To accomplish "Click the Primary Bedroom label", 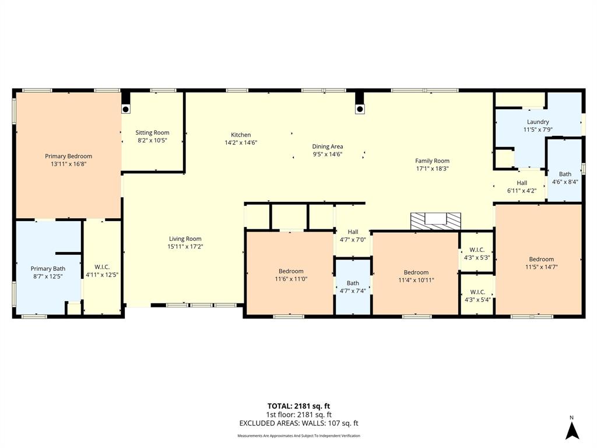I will (68, 156).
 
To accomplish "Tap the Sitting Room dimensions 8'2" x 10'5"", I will (152, 141).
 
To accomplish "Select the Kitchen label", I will (241, 135).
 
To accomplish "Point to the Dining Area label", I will (327, 146).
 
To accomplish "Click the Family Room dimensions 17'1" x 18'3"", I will (432, 169).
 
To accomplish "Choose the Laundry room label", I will (538, 122).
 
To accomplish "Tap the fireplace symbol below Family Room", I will (435, 220).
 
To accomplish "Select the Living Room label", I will (185, 239).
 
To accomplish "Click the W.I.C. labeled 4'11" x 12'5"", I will (102, 271).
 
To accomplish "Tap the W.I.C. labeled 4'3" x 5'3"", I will (477, 253).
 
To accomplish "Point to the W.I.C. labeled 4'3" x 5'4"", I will (477, 296).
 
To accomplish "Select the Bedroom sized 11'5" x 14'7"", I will (541, 263).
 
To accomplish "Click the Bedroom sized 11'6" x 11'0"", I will (290, 275).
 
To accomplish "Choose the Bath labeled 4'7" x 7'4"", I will (353, 287).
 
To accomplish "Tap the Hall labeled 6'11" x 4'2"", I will (521, 187).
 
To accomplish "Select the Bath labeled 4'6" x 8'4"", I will (565, 178).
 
